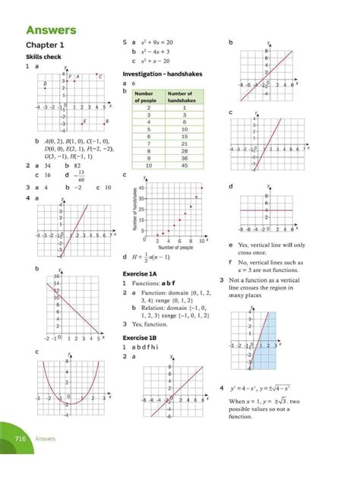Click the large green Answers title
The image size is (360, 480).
tap(51, 30)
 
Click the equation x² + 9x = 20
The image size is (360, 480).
tap(159, 42)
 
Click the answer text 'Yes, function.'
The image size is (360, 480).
tap(153, 323)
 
